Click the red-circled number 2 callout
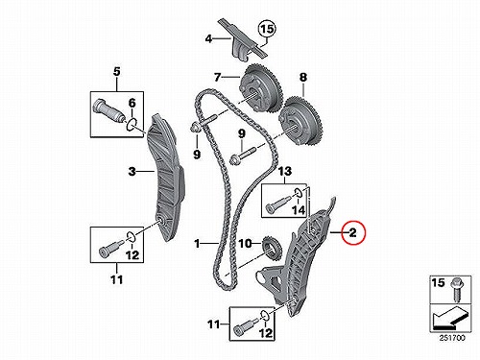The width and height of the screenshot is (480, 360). click(352, 232)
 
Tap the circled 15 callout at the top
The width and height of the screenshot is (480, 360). click(267, 29)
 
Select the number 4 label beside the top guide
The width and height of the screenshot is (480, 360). click(208, 39)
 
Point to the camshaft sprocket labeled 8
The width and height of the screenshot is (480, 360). click(301, 122)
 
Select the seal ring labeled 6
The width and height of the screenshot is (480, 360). click(132, 125)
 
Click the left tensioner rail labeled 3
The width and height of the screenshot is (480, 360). click(165, 179)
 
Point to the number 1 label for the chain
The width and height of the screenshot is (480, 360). click(197, 244)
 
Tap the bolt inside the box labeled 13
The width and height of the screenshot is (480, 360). click(278, 204)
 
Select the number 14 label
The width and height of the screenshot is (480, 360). click(298, 210)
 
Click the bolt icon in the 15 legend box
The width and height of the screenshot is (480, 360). click(456, 291)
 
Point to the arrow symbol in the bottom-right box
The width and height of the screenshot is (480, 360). click(448, 318)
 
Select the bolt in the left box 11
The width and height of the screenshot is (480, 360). click(109, 248)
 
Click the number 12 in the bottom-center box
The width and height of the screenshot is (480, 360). click(265, 333)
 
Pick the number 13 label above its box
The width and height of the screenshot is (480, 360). click(284, 171)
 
